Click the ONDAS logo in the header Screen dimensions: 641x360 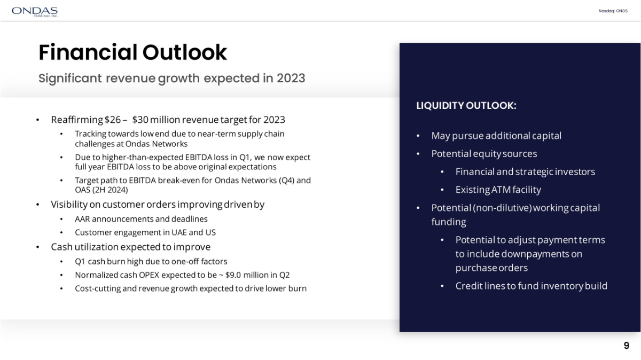click(x=35, y=12)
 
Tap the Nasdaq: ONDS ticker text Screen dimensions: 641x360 click(x=613, y=11)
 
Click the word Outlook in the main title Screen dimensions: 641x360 click(x=185, y=52)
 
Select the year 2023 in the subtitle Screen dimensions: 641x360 click(x=291, y=78)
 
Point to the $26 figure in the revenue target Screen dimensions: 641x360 click(x=113, y=120)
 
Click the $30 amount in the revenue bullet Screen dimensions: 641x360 click(x=140, y=120)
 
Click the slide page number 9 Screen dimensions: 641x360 click(x=627, y=346)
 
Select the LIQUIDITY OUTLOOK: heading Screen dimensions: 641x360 click(x=466, y=106)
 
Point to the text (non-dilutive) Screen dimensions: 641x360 click(x=502, y=208)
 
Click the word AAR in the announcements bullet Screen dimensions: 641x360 click(x=82, y=219)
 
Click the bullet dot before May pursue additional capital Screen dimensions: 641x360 click(x=418, y=136)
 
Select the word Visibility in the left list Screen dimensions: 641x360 click(x=69, y=205)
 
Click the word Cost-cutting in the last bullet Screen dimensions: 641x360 click(x=98, y=288)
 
